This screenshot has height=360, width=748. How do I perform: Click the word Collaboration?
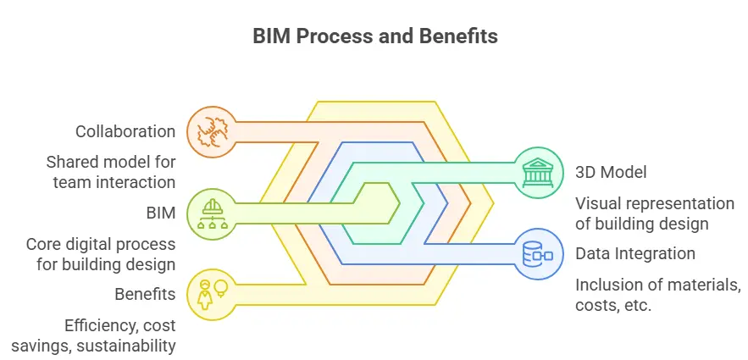click(x=125, y=131)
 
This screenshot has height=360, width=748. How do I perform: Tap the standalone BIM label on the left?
click(x=161, y=213)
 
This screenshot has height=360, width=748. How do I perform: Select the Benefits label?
click(x=145, y=294)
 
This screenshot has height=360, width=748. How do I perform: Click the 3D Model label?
click(x=612, y=172)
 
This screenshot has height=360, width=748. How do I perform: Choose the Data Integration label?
click(x=635, y=253)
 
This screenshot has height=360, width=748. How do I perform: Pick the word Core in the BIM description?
click(x=44, y=244)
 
